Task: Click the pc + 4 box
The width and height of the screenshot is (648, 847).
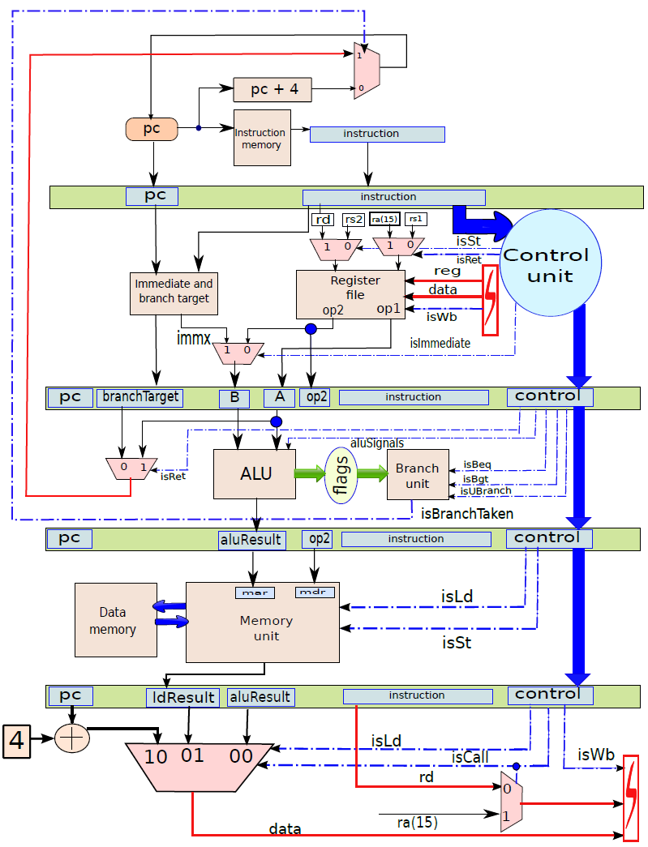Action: (273, 89)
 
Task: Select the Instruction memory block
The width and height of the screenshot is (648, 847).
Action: (262, 138)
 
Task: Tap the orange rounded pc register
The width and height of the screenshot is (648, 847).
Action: (152, 129)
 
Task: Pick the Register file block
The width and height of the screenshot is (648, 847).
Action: (350, 294)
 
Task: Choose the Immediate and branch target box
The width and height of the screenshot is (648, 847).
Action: (174, 293)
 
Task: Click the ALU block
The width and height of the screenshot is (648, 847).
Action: (255, 473)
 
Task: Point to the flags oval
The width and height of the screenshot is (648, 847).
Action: (341, 475)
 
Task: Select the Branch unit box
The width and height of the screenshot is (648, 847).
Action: (418, 474)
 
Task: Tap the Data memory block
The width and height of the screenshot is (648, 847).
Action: (116, 619)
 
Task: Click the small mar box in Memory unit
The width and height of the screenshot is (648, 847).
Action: (255, 592)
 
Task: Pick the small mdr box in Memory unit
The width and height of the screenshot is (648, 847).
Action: (315, 592)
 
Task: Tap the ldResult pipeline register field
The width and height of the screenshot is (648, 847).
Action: (182, 697)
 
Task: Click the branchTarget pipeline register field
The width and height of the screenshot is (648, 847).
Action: (140, 398)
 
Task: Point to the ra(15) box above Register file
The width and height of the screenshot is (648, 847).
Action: (384, 219)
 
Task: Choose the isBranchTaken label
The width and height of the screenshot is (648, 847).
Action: (467, 513)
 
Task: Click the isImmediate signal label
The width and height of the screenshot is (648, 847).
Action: (440, 343)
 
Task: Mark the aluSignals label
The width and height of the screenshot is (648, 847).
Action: (377, 443)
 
